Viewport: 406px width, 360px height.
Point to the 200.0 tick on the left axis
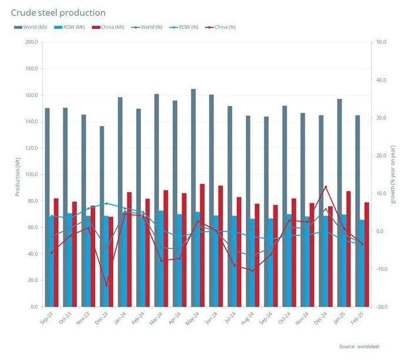pyautogui.click(x=31, y=42)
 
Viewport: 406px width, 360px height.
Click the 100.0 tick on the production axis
pyautogui.click(x=31, y=174)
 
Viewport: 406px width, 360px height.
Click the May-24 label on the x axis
pyautogui.click(x=191, y=318)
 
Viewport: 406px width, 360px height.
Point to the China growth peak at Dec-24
pyautogui.click(x=326, y=187)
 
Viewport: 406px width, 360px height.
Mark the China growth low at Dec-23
pyautogui.click(x=107, y=285)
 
